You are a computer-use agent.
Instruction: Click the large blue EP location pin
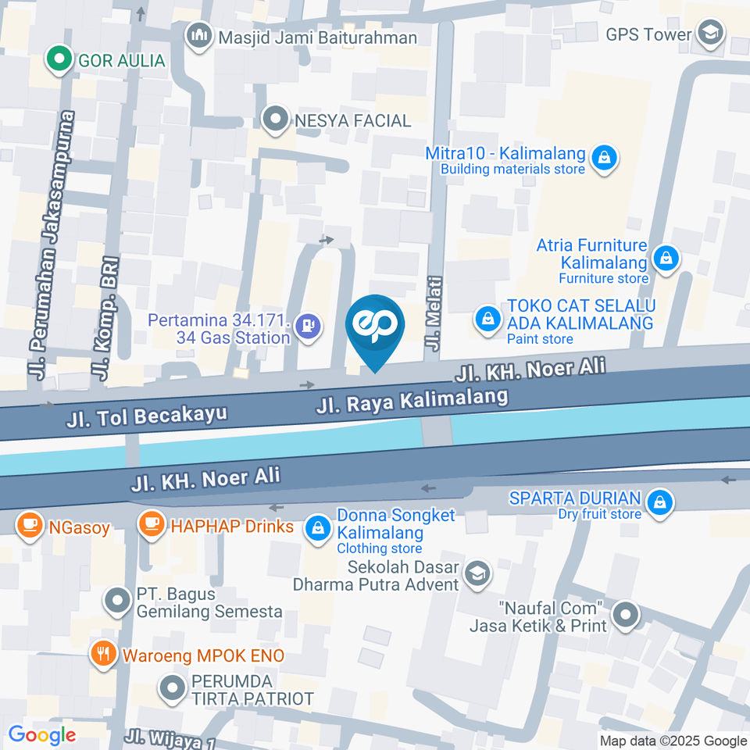(375, 326)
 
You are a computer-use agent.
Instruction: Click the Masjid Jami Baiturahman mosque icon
(200, 36)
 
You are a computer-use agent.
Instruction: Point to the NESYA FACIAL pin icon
(275, 120)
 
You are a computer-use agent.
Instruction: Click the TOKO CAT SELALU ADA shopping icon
(488, 320)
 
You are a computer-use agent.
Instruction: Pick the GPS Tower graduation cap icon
(711, 34)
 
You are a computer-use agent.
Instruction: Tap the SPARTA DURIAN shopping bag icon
(660, 503)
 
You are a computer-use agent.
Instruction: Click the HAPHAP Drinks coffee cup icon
(150, 524)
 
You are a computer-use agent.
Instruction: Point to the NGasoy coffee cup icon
(30, 524)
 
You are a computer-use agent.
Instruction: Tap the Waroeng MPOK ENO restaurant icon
(102, 653)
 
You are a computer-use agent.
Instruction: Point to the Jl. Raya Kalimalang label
(412, 402)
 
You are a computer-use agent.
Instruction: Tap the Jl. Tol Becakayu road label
(147, 416)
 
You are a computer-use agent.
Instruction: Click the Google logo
(42, 734)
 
